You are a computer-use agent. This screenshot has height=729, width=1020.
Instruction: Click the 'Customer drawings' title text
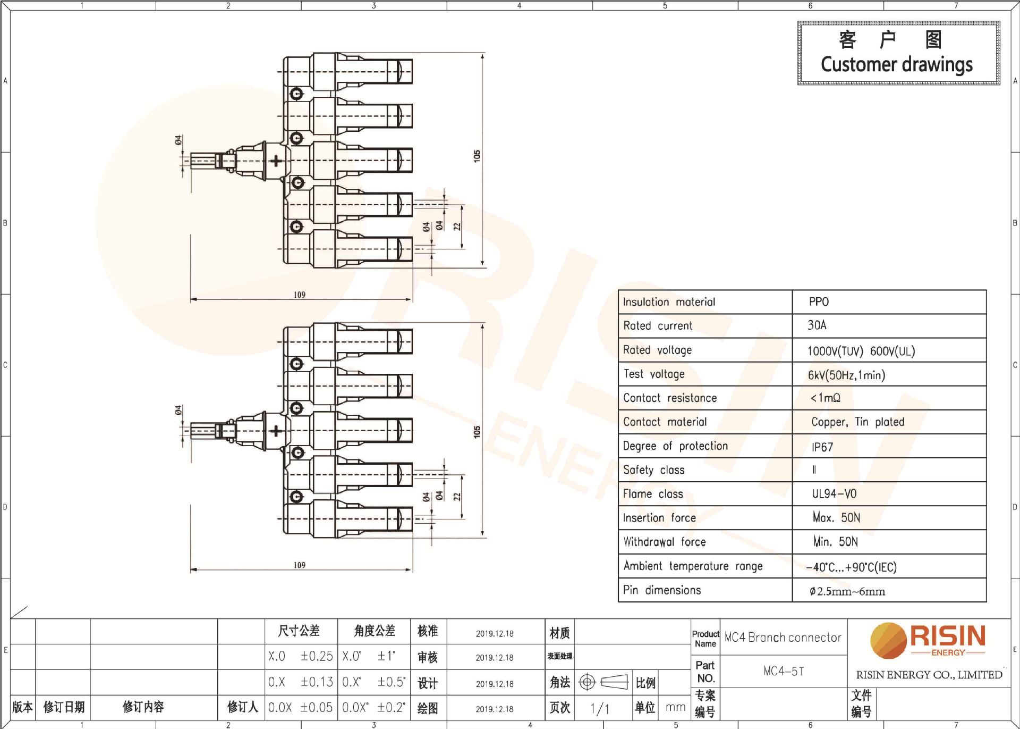[x=897, y=64]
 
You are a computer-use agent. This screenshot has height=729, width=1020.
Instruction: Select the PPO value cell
[x=819, y=302]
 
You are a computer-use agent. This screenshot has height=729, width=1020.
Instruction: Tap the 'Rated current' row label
[x=658, y=326]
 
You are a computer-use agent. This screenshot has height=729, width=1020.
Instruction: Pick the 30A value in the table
[x=817, y=325]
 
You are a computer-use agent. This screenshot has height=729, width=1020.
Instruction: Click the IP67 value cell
[x=822, y=447]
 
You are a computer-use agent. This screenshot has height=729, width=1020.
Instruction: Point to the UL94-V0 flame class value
[x=834, y=494]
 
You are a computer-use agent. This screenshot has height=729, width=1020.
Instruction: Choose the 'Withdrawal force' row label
[x=665, y=542]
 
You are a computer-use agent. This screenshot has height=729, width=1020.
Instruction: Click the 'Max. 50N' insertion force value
[x=836, y=517]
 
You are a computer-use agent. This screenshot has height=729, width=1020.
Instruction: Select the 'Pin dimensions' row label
[x=662, y=590]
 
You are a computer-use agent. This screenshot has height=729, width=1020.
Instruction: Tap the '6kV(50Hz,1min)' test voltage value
[x=846, y=375]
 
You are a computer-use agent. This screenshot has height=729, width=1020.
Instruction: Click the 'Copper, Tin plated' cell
[x=857, y=422]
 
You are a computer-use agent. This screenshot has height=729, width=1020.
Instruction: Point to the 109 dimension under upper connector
[x=300, y=295]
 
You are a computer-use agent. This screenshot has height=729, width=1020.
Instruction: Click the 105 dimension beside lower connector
[x=477, y=432]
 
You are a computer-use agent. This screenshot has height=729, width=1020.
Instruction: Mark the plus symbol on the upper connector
[x=275, y=161]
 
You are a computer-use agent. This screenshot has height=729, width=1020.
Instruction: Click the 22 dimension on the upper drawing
[x=457, y=227]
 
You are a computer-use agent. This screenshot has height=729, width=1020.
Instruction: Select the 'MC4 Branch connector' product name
[x=783, y=637]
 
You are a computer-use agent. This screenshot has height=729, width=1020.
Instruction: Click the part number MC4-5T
[x=784, y=671]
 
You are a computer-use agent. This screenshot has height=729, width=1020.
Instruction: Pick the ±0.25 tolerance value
[x=317, y=656]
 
